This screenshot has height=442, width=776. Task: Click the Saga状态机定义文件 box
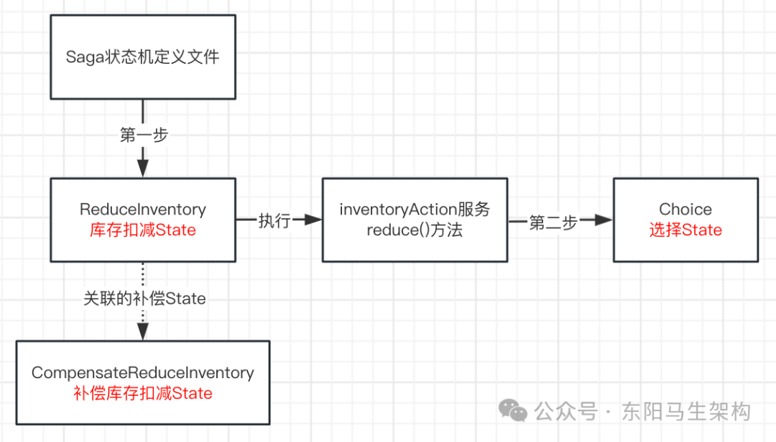coord(142,57)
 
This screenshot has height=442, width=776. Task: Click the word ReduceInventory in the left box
coord(142,210)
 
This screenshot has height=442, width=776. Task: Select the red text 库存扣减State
coord(142,230)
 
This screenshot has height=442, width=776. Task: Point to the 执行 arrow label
coord(274,221)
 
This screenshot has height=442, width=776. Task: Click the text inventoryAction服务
coord(415,210)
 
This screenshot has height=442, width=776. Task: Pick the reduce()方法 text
coord(415,230)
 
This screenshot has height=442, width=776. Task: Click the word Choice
coord(685,210)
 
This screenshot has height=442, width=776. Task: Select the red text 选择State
coord(685,230)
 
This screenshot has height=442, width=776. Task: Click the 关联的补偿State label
coord(144,299)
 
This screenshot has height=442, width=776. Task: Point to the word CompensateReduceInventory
coord(142,373)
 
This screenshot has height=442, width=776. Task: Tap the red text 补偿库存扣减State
coord(142,393)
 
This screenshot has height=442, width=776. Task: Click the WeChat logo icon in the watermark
coord(514,410)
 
